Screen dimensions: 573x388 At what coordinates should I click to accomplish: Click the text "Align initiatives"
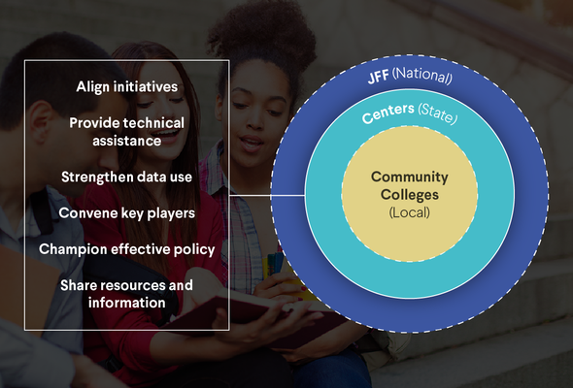tap(127, 87)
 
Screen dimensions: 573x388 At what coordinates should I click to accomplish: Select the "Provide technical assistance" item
tap(127, 132)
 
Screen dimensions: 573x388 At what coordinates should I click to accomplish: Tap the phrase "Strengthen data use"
tap(126, 178)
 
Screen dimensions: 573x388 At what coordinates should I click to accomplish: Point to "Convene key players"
tap(127, 213)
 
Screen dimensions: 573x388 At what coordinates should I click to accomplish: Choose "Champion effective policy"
tap(127, 249)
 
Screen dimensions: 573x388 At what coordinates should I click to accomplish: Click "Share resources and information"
tap(126, 294)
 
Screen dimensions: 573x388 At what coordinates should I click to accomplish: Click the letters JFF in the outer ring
tap(378, 78)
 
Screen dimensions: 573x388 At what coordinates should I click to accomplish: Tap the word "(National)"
tap(422, 75)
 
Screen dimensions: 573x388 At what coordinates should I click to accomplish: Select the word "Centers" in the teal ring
tap(388, 113)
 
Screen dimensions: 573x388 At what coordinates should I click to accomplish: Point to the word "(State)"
tap(437, 113)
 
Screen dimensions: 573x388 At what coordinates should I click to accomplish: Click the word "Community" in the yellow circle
tap(410, 178)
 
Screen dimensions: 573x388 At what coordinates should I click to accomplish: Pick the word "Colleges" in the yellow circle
tap(410, 195)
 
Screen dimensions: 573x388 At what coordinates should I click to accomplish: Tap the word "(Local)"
tap(409, 212)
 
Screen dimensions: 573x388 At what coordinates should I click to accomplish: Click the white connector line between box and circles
tap(267, 195)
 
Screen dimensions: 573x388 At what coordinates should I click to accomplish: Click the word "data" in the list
tap(153, 178)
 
